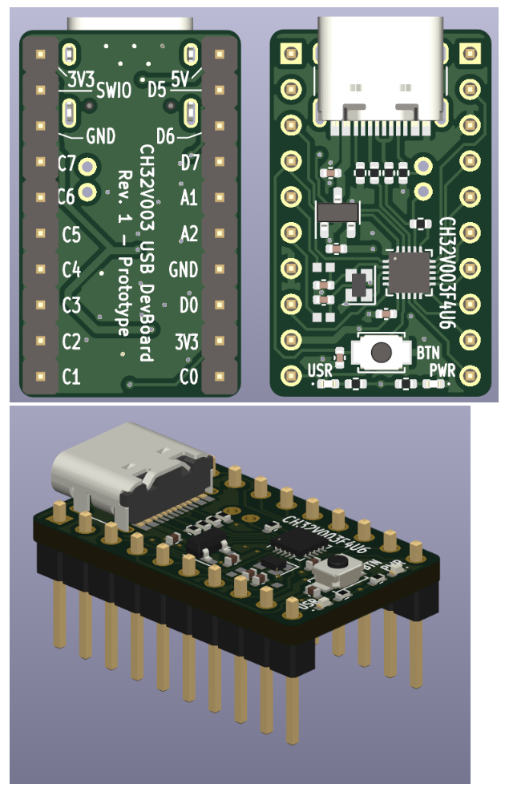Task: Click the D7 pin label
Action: click(x=188, y=164)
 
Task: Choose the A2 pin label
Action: click(x=188, y=234)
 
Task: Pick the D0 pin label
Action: click(x=188, y=305)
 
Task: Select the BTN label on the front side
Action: click(x=426, y=352)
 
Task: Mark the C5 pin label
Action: click(x=71, y=235)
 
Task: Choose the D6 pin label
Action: click(x=166, y=135)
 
